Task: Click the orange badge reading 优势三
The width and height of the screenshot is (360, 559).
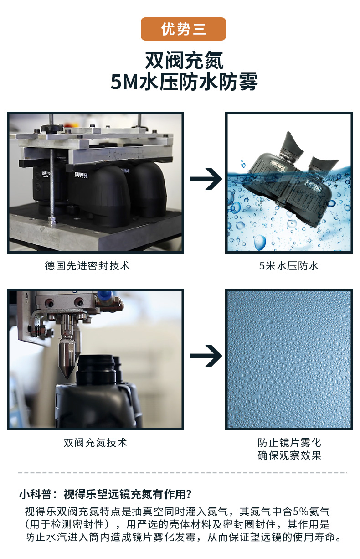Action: [x=183, y=29]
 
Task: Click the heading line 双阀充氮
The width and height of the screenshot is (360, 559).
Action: [x=184, y=60]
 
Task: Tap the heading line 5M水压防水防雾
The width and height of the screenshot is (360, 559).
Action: [x=184, y=81]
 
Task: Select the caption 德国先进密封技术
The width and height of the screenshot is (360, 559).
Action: [x=87, y=266]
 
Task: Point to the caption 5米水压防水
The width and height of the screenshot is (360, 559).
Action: [x=288, y=266]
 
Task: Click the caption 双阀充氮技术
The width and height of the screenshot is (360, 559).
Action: [x=95, y=443]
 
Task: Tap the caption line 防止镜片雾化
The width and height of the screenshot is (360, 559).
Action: [x=289, y=443]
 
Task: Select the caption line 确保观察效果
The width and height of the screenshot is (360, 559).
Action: [x=289, y=455]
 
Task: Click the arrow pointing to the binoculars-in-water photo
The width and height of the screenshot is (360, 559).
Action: [x=206, y=179]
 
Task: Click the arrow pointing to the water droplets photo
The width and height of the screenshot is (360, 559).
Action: [x=206, y=356]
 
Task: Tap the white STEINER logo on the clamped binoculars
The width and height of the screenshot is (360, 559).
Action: [x=81, y=175]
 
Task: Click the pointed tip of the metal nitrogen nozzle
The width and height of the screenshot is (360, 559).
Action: [x=67, y=378]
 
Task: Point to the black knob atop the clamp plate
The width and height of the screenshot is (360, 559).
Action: [x=51, y=128]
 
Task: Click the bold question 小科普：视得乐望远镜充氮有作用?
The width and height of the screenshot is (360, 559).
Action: [x=105, y=494]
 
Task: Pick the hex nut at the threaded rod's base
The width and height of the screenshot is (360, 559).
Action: [x=52, y=220]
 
